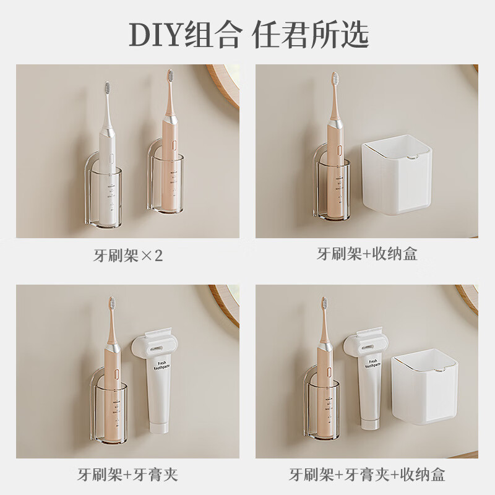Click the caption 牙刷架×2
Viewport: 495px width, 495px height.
[127, 255]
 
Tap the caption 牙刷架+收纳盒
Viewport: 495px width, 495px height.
[367, 254]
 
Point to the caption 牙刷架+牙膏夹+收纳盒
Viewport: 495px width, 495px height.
[367, 475]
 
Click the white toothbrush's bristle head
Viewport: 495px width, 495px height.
[107, 88]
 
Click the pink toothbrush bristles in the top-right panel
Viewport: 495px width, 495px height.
[334, 79]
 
